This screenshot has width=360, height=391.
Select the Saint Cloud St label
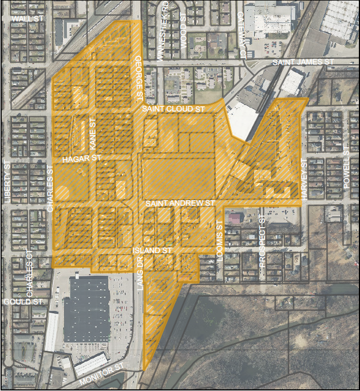pos(173,110)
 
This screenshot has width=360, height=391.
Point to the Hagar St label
pos(82,158)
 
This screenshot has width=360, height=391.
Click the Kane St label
pos(93,135)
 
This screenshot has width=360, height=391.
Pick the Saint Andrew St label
pos(180,203)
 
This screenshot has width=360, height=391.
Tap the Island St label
pos(152,250)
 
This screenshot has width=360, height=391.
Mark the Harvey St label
pos(304,179)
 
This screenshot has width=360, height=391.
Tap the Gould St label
pos(23,302)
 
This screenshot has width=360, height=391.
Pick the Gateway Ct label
pos(242,35)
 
